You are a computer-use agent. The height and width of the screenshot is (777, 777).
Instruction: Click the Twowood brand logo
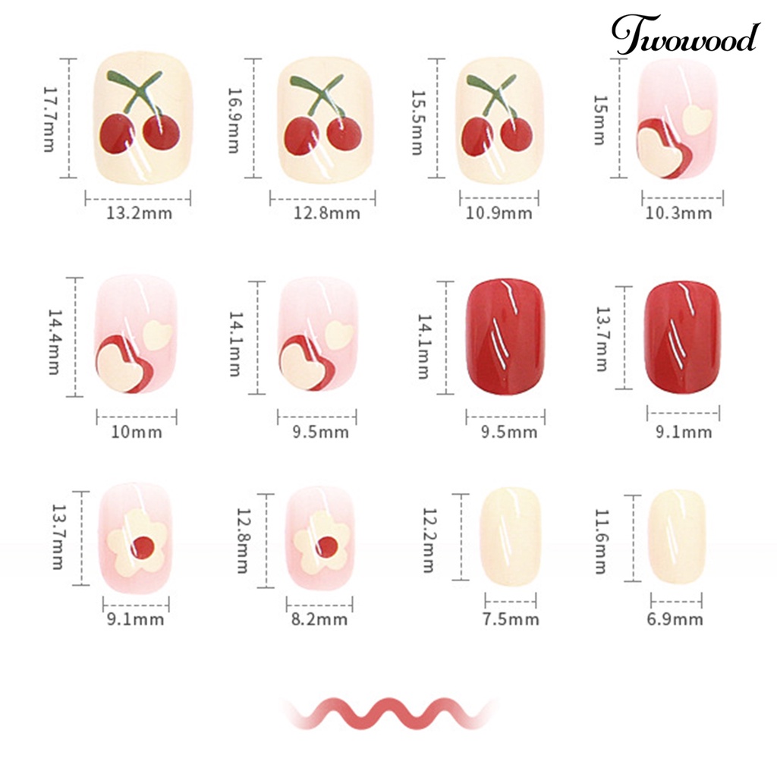pyautogui.click(x=686, y=36)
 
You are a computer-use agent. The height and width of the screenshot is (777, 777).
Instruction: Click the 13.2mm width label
pyautogui.click(x=139, y=213)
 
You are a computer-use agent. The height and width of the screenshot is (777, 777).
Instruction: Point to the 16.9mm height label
pyautogui.click(x=233, y=119)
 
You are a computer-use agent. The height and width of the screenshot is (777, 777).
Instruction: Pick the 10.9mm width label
pyautogui.click(x=499, y=213)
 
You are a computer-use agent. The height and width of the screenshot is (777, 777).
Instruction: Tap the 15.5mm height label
pyautogui.click(x=417, y=122)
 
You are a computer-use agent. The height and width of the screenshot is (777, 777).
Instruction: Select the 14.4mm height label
pyautogui.click(x=54, y=341)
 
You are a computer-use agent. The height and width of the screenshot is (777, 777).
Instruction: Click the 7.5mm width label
pyautogui.click(x=511, y=619)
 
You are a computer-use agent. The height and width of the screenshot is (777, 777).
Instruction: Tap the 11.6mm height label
pyautogui.click(x=600, y=540)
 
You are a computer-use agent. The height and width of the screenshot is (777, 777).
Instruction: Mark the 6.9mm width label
pyautogui.click(x=675, y=619)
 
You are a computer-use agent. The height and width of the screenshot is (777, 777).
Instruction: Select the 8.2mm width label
pyautogui.click(x=319, y=619)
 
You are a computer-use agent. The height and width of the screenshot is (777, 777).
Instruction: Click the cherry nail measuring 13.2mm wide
pyautogui.click(x=142, y=118)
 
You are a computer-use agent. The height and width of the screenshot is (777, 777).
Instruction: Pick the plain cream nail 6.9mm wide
pyautogui.click(x=676, y=536)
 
